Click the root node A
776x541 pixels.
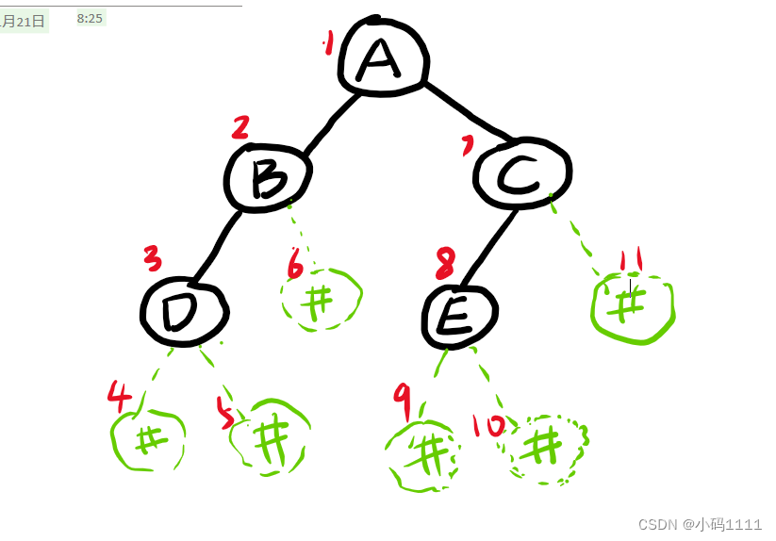coord(381,59)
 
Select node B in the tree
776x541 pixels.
coord(268,177)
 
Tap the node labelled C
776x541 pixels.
coord(521,173)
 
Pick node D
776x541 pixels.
coord(184,311)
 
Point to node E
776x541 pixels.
coord(459,317)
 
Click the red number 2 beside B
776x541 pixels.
coord(240,128)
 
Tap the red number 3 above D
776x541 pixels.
coord(153,256)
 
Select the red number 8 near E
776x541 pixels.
coord(446,263)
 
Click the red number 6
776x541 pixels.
coord(295,266)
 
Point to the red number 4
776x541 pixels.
coord(119,397)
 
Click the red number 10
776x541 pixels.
coord(488,426)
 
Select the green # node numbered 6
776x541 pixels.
coord(322,301)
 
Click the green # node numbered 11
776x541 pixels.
coord(632,307)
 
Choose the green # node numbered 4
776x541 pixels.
coord(148,440)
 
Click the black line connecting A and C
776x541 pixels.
coord(467,112)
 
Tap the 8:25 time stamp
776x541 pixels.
coord(90,18)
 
